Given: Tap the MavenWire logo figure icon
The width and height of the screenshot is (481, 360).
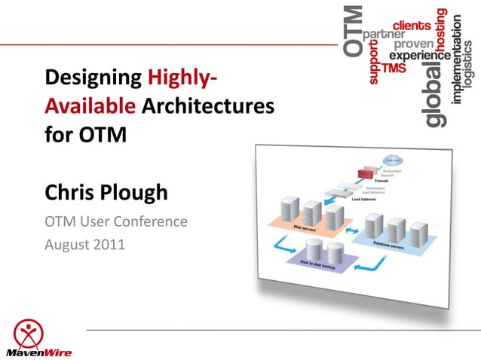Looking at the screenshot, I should tap(28, 331).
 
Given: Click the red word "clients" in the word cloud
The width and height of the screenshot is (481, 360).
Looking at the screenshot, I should tap(415, 26).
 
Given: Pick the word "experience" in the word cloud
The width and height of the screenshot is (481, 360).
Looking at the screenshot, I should tap(419, 56).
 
